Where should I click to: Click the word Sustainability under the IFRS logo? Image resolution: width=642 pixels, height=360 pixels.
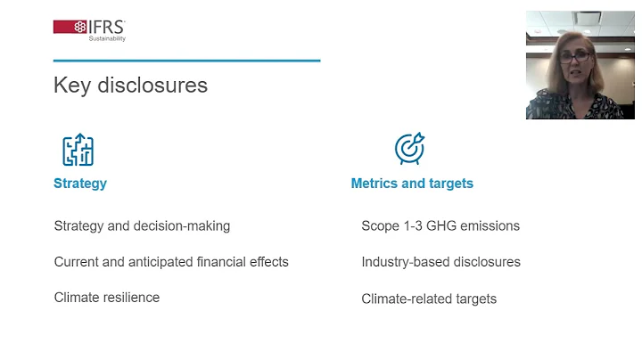(x=107, y=38)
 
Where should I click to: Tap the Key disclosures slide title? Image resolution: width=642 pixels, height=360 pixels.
(x=130, y=85)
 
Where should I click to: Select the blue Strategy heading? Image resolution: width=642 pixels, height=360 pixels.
(x=80, y=183)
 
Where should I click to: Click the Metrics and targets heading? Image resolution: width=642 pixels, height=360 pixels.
(x=412, y=183)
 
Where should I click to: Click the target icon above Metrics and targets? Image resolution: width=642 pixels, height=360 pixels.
(x=409, y=149)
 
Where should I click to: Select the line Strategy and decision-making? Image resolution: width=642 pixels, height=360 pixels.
(x=142, y=225)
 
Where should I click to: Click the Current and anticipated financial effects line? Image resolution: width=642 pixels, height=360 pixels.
(x=171, y=262)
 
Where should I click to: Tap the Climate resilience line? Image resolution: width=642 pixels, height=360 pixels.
(x=107, y=298)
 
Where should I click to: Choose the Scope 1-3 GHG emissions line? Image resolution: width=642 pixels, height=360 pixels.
(x=440, y=225)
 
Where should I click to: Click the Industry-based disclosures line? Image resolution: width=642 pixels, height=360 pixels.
(x=440, y=262)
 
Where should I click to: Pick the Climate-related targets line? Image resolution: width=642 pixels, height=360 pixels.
(x=429, y=299)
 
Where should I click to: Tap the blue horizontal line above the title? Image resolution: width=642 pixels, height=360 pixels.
(x=186, y=61)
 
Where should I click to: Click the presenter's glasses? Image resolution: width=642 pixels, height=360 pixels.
(x=575, y=56)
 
